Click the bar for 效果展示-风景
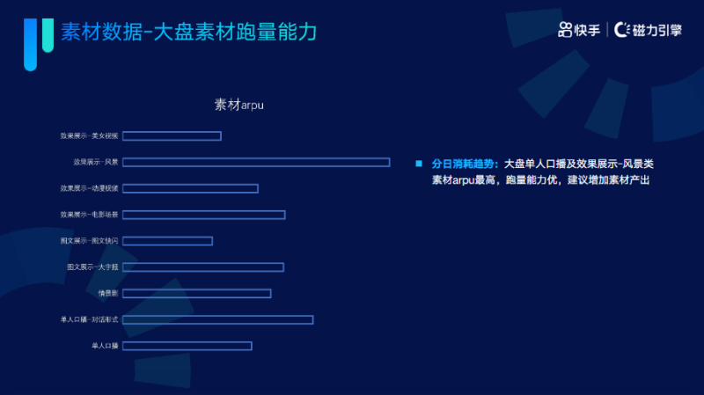click(255, 162)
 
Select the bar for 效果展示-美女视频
click(172, 135)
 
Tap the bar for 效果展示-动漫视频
click(190, 188)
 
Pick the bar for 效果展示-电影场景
click(203, 215)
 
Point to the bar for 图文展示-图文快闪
click(167, 241)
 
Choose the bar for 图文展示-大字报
click(202, 267)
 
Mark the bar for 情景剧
click(196, 294)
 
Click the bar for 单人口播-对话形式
click(217, 319)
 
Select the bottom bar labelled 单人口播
click(187, 346)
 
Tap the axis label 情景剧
click(108, 294)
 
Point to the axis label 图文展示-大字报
click(92, 267)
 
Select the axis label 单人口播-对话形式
click(90, 319)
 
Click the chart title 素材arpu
click(239, 105)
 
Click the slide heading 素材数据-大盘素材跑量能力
click(188, 33)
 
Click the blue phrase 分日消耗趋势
click(465, 165)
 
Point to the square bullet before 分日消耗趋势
click(419, 164)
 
